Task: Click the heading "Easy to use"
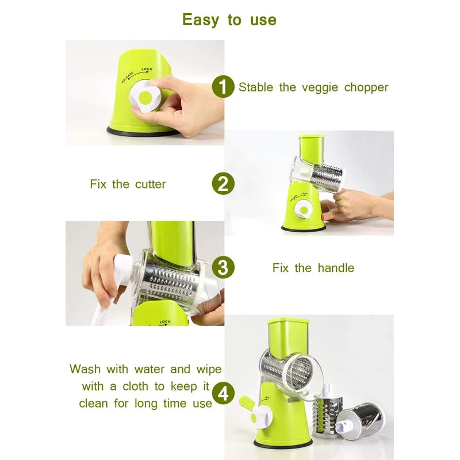tap(229, 20)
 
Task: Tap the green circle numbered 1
tap(223, 87)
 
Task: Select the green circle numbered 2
tap(223, 184)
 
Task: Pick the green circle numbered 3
tap(223, 268)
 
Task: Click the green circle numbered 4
tap(223, 394)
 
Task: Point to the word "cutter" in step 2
tap(150, 185)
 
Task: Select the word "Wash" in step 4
tap(85, 369)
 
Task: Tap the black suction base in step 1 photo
tap(141, 132)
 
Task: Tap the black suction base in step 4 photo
tap(282, 443)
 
